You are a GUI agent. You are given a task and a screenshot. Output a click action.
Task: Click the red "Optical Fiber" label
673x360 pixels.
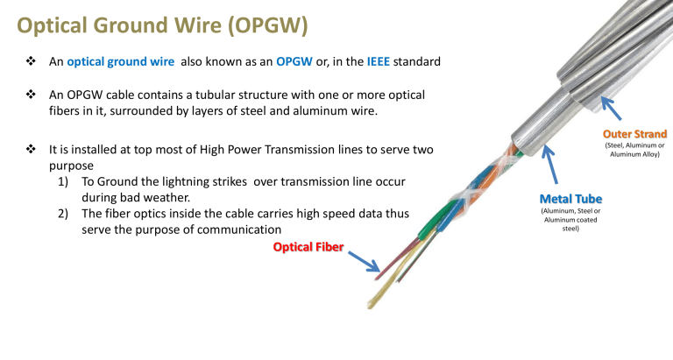pyautogui.click(x=309, y=247)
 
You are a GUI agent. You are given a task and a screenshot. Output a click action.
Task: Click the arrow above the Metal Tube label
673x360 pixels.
pyautogui.click(x=552, y=166)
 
